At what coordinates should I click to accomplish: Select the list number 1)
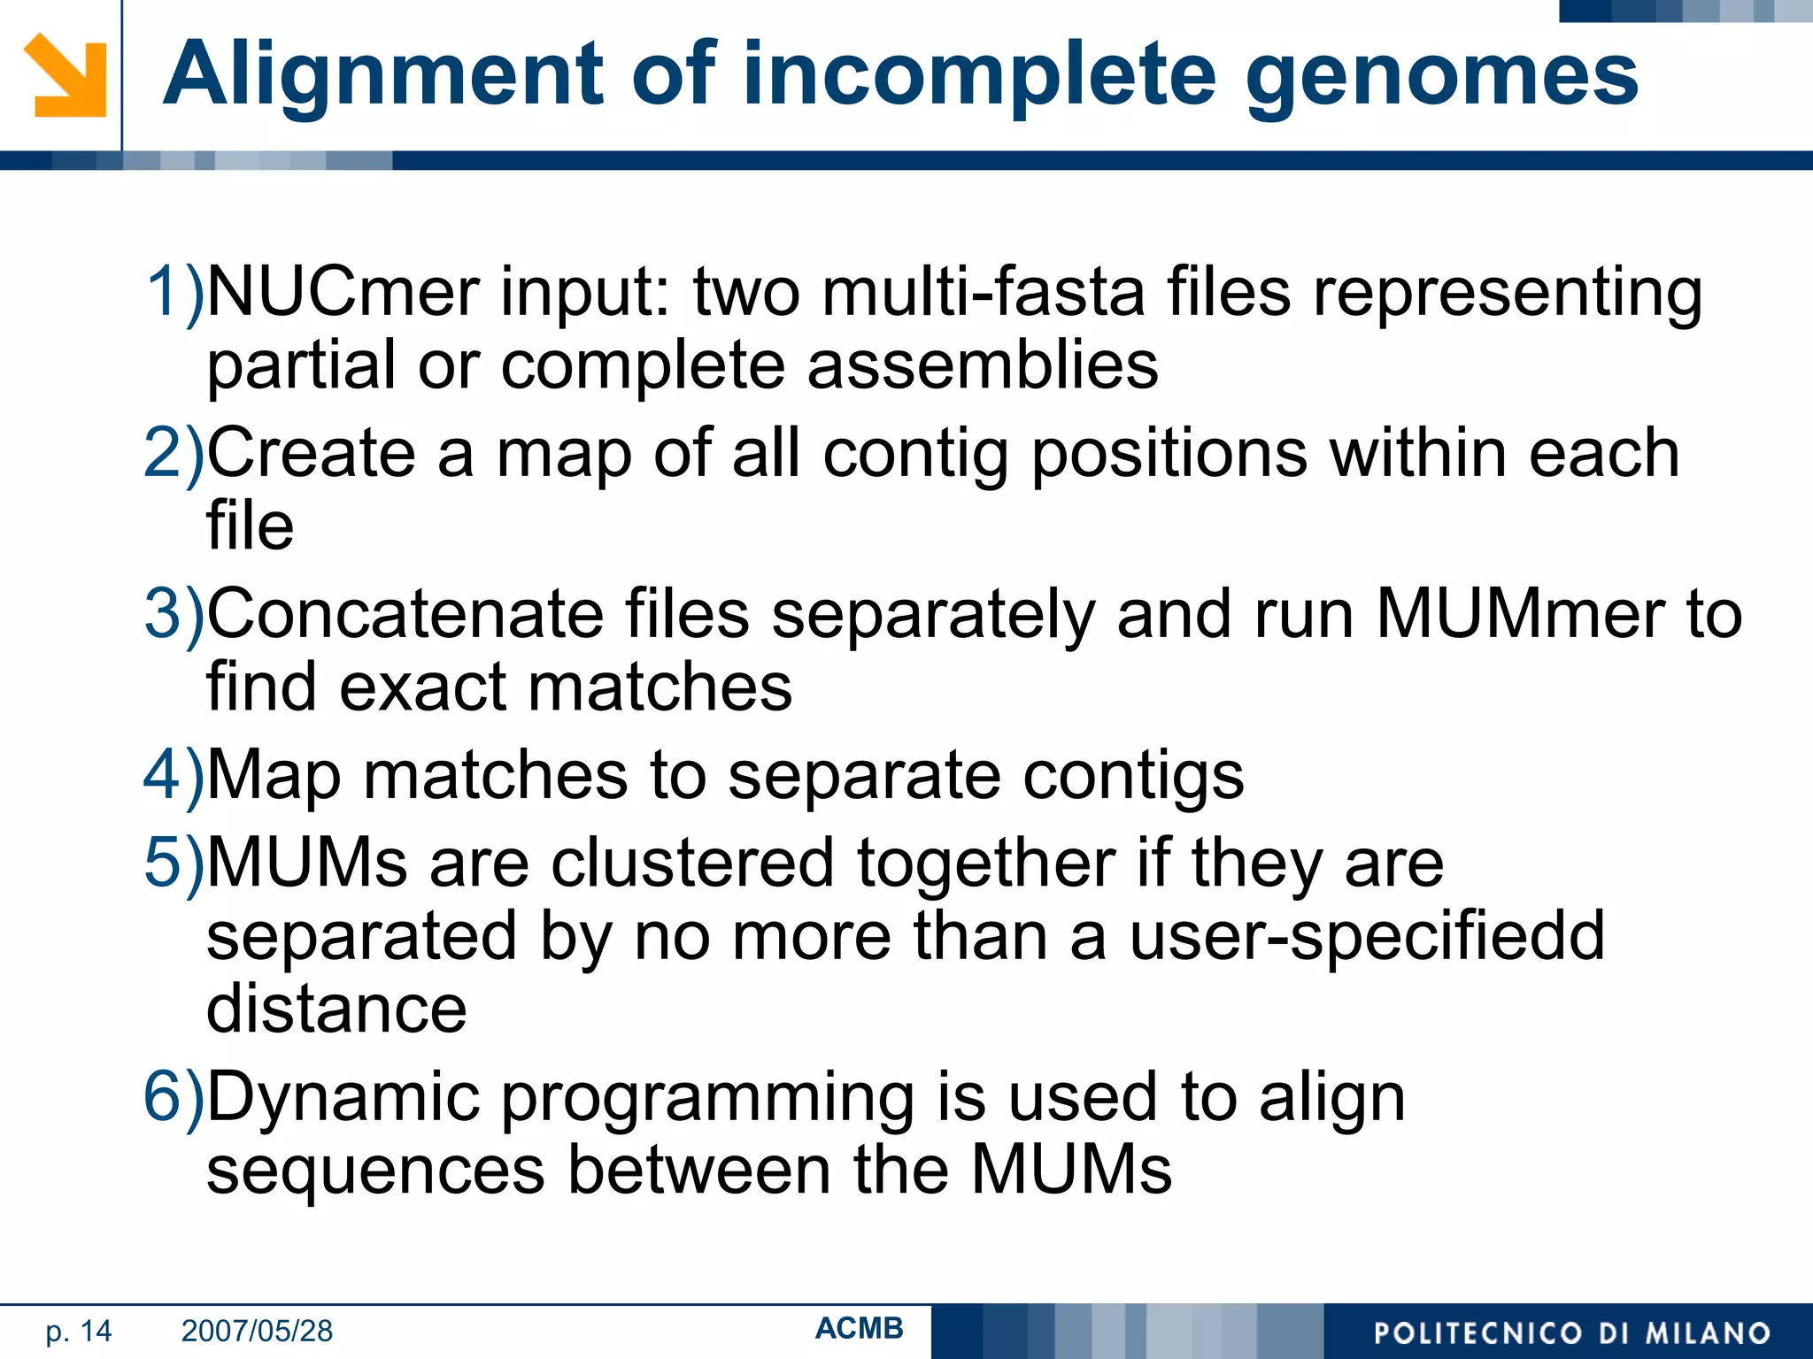click(x=174, y=292)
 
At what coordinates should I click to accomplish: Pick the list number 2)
click(x=174, y=453)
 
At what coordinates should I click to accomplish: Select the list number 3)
click(x=174, y=614)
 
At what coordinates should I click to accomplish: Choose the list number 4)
click(x=174, y=775)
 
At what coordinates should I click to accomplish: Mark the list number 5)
click(x=174, y=863)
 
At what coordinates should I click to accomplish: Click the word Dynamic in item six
click(x=343, y=1098)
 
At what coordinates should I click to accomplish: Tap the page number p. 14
click(x=79, y=1331)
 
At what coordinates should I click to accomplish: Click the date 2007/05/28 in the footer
click(x=257, y=1331)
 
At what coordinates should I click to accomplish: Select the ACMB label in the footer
click(x=859, y=1328)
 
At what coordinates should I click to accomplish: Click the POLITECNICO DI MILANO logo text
click(x=1571, y=1333)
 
